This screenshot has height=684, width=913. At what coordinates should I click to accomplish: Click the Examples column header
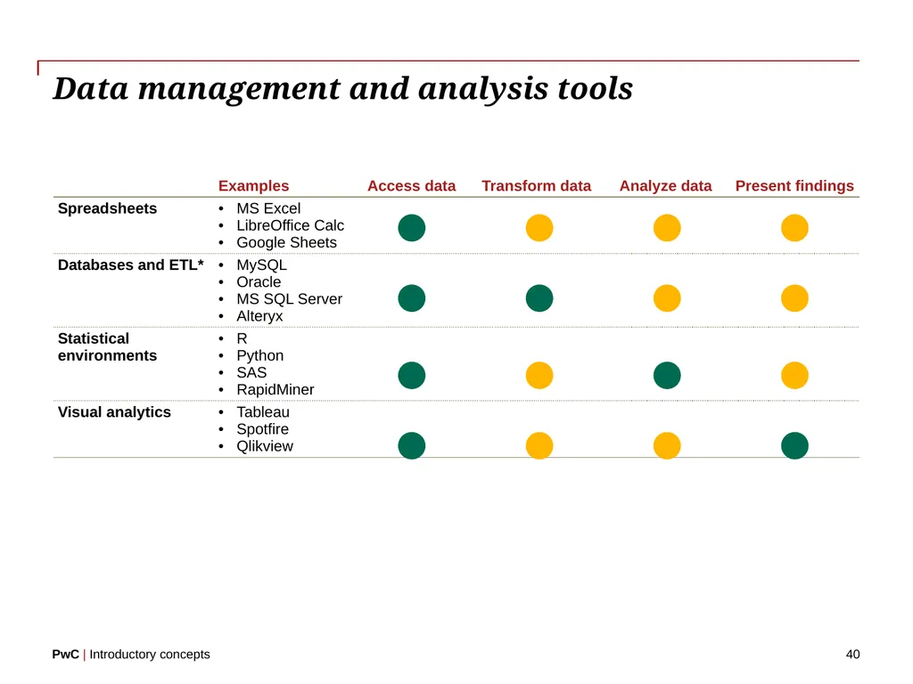pos(253,185)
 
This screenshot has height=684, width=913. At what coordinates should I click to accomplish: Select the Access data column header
pos(411,185)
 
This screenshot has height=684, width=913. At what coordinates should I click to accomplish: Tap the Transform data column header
pos(536,185)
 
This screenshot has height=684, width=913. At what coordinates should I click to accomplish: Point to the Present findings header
pos(794,185)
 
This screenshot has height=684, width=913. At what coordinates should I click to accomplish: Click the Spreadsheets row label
pos(107,208)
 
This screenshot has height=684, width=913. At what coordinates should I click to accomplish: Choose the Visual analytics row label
pos(114,411)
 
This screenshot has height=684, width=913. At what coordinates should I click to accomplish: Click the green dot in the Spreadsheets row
pos(412,227)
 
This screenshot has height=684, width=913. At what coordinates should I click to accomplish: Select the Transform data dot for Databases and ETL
pos(539,297)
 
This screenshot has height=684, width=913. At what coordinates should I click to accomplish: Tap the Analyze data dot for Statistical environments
pos(667,375)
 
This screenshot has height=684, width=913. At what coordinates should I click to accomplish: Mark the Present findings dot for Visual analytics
pos(794,445)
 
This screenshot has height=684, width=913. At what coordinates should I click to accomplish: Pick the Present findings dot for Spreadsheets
pos(794,227)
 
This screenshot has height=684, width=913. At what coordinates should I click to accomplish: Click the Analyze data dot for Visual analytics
pos(667,445)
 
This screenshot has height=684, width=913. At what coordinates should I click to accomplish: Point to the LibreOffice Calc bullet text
pos(290,225)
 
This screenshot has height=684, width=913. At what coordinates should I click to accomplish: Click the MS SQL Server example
pos(289,298)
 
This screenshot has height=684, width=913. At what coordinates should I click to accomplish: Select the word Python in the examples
pos(259,355)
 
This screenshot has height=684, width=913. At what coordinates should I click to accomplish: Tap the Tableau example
pos(263,411)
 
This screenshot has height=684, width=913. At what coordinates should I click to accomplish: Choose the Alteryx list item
pos(259,316)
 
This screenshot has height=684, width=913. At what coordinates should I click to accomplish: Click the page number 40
pos(852,655)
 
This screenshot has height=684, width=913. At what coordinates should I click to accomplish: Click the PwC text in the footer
pos(65,655)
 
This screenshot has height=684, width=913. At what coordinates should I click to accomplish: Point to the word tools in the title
pos(595,88)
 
